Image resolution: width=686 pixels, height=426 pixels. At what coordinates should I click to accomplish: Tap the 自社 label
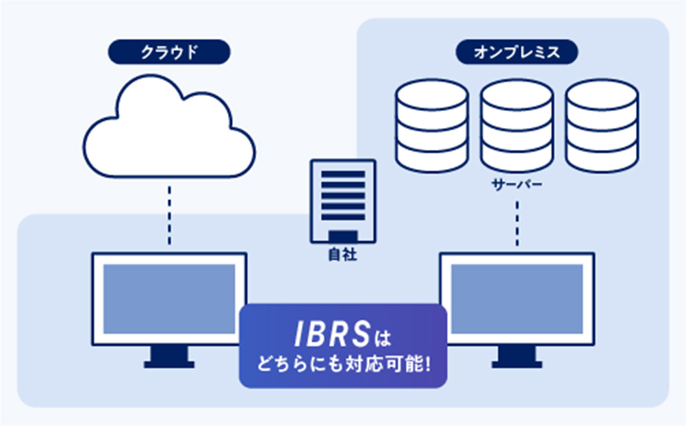pos(342,256)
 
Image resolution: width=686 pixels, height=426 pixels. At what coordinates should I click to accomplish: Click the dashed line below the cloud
pos(168,212)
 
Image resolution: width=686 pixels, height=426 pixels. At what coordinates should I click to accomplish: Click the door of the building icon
pos(342,238)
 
